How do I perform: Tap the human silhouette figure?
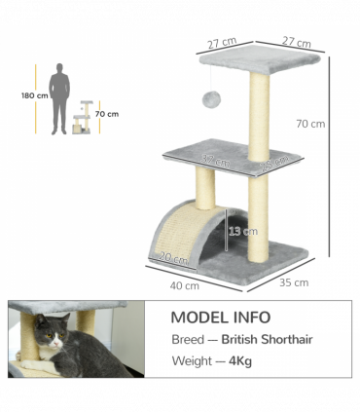tap(60, 98)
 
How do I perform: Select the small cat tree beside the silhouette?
tap(84, 118)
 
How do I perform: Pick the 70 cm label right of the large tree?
tap(310, 124)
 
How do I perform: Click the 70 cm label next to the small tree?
tap(106, 114)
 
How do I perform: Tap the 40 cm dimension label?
tap(185, 286)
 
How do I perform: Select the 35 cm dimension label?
tap(293, 282)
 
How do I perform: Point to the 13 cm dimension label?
tap(243, 231)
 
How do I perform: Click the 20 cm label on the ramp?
tap(173, 258)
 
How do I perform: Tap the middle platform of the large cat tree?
tap(229, 159)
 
